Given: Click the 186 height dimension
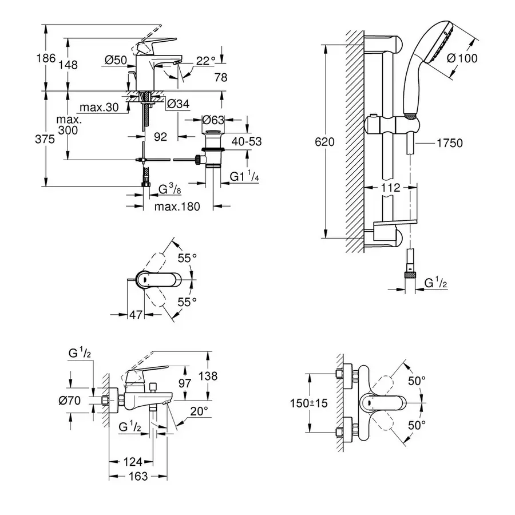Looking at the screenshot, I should [x=46, y=58].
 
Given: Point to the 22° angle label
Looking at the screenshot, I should [x=205, y=60].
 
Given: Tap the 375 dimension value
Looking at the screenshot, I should [x=46, y=139].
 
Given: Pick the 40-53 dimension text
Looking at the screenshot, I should [x=247, y=141].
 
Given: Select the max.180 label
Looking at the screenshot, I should [x=177, y=207].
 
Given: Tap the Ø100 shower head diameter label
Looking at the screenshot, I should [x=462, y=58].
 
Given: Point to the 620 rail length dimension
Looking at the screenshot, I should [x=325, y=141].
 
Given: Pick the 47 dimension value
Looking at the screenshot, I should [x=136, y=314].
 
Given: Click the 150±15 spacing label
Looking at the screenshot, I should [x=309, y=403].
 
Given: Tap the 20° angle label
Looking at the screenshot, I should [x=199, y=410].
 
